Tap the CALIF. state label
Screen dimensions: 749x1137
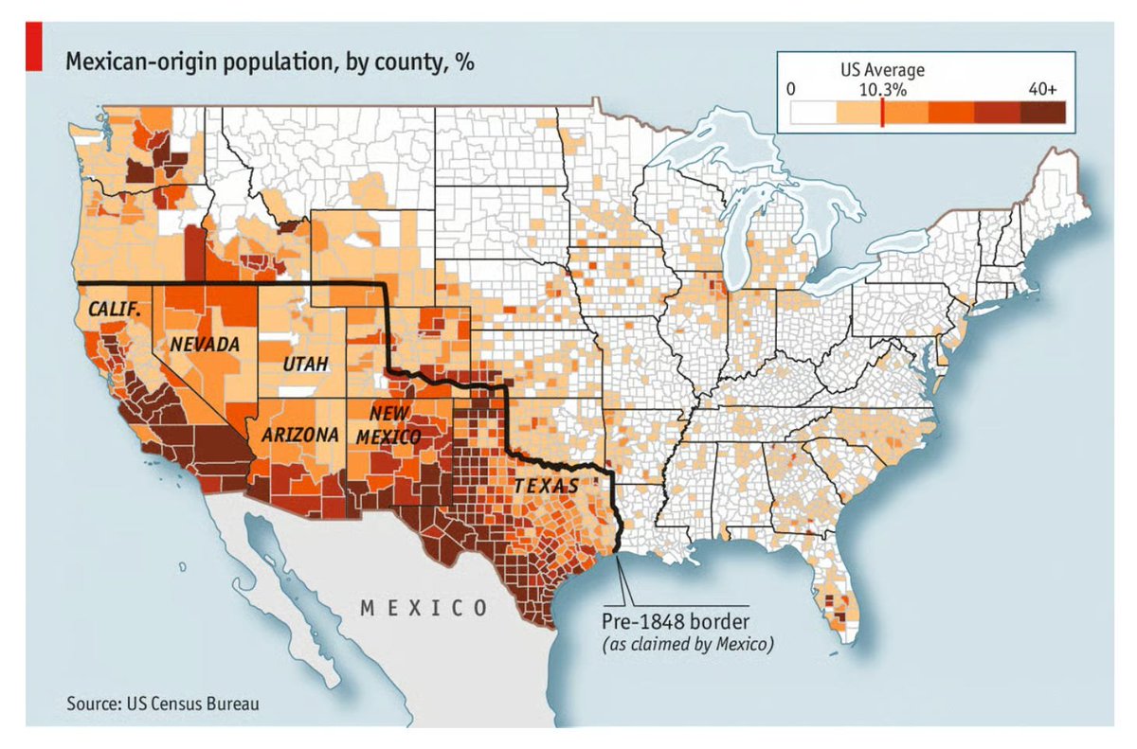coord(114,310)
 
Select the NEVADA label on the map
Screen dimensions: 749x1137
coord(204,345)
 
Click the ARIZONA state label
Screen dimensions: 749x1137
coord(294,435)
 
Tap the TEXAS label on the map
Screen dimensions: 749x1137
coord(546,486)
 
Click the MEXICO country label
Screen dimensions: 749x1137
coord(424,607)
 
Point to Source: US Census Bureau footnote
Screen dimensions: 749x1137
coord(161,704)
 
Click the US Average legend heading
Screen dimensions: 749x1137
coord(882,70)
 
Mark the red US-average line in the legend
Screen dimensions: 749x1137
coord(882,113)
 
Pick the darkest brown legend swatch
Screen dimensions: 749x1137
coord(1043,113)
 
